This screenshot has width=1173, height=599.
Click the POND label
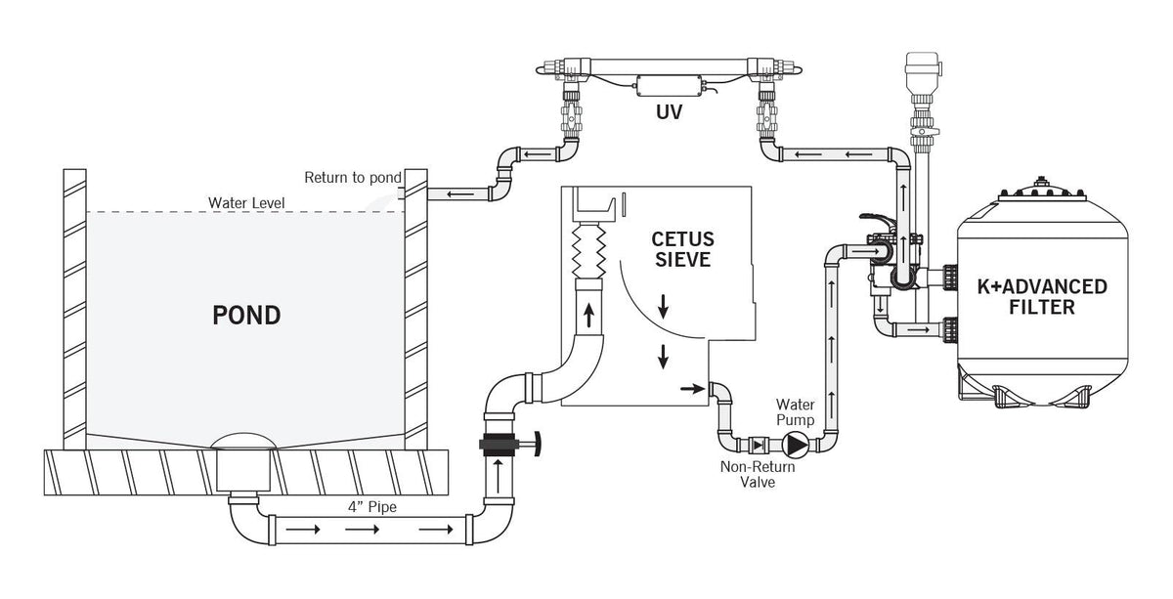(x=247, y=316)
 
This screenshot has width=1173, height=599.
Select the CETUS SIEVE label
(x=682, y=249)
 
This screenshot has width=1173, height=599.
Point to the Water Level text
(x=245, y=202)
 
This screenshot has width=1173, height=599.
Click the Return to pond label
(x=353, y=178)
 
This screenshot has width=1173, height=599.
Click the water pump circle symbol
(x=798, y=446)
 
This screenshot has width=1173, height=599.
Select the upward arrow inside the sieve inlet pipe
(x=589, y=316)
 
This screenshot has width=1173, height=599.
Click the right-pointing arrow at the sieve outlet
(x=691, y=388)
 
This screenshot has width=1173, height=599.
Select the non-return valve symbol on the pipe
(x=759, y=446)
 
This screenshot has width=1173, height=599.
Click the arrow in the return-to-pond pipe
(x=453, y=193)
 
